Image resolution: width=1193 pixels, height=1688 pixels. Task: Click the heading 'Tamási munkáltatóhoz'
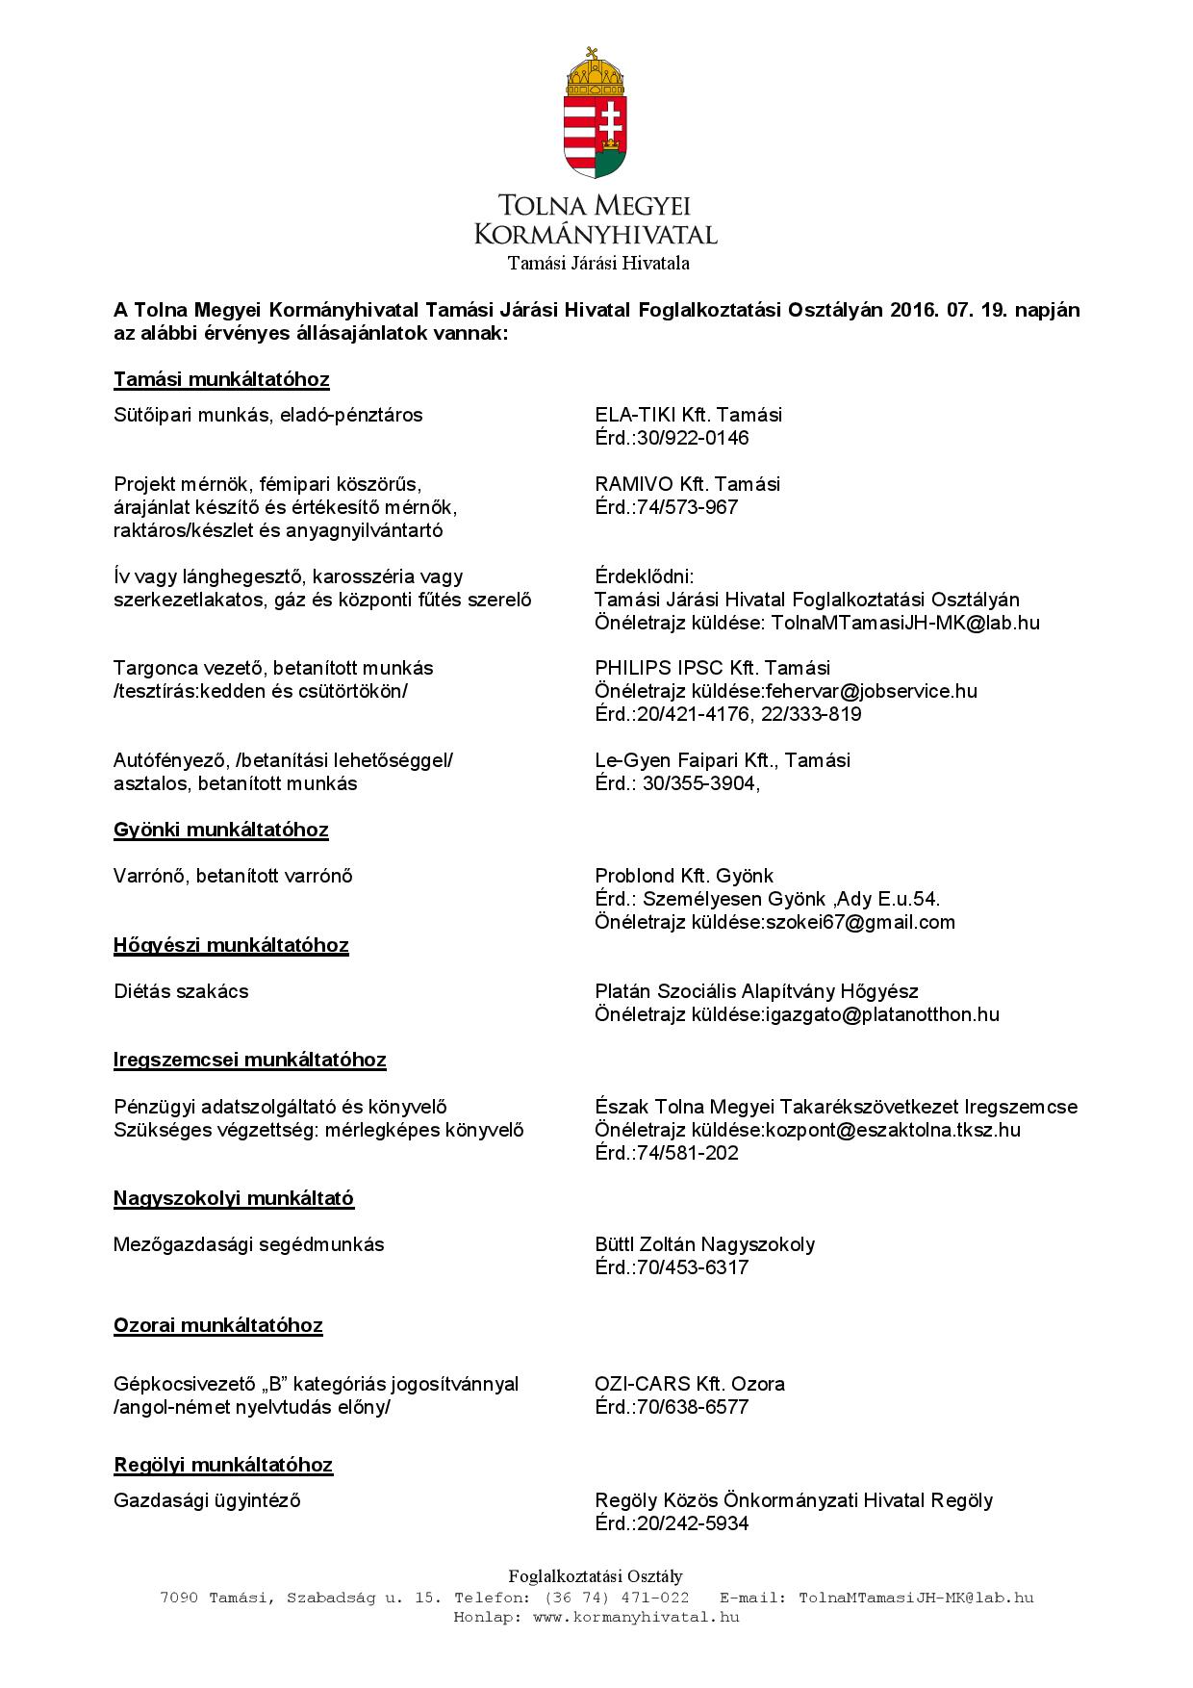pyautogui.click(x=221, y=379)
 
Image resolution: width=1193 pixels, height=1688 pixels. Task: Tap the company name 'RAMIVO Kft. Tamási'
pyautogui.click(x=687, y=484)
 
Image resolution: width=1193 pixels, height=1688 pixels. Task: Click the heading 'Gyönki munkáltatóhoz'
pyautogui.click(x=220, y=830)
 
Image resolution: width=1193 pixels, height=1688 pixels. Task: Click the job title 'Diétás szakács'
pyautogui.click(x=181, y=991)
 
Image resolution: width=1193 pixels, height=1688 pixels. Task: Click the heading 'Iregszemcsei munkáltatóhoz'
pyautogui.click(x=250, y=1061)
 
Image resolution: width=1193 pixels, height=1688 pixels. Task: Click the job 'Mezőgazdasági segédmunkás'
pyautogui.click(x=248, y=1244)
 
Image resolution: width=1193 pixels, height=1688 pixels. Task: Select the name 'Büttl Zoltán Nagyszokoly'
pyautogui.click(x=704, y=1244)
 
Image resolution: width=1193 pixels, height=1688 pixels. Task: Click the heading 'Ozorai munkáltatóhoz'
pyautogui.click(x=218, y=1325)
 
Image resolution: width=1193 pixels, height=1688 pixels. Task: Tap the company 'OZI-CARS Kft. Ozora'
pyautogui.click(x=690, y=1384)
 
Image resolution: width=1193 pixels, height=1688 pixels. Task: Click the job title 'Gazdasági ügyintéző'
pyautogui.click(x=207, y=1500)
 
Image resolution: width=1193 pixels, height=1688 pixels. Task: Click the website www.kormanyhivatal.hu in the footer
pyautogui.click(x=635, y=1617)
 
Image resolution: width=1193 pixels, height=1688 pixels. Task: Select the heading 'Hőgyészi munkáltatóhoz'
pyautogui.click(x=231, y=945)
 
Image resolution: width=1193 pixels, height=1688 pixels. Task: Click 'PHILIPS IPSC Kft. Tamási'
pyautogui.click(x=712, y=668)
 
